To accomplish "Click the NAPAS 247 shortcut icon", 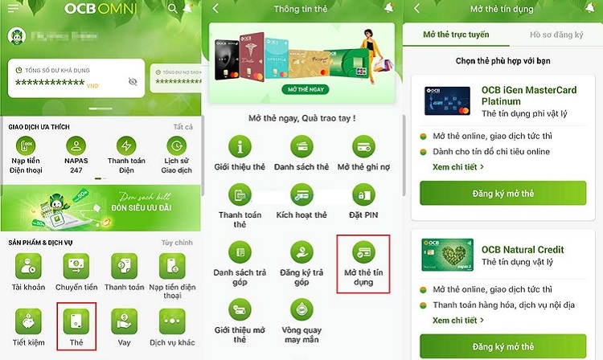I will click(77, 146).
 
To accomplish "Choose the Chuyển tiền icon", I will click(77, 265).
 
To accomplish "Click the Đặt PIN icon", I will click(363, 194).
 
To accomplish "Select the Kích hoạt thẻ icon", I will click(301, 194).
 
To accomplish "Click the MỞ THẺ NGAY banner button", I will click(301, 88).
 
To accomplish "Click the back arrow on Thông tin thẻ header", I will click(216, 9).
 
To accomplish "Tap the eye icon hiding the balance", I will click(133, 82).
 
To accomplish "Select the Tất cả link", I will click(183, 127).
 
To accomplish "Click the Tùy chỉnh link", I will click(178, 243).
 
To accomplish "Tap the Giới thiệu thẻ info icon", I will click(240, 147).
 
